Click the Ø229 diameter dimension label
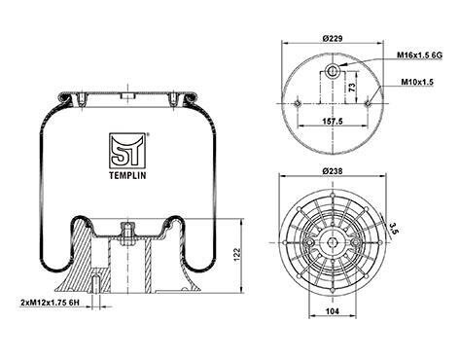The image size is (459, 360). click(333, 38)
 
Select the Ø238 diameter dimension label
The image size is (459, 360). click(333, 171)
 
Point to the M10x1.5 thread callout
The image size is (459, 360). click(417, 82)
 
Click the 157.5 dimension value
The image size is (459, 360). click(333, 121)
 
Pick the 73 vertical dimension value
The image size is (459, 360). click(352, 87)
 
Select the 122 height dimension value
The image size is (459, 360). click(237, 255)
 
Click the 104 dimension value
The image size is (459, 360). click(333, 311)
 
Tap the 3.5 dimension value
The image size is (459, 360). click(393, 228)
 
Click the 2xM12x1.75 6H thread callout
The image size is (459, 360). click(50, 303)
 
